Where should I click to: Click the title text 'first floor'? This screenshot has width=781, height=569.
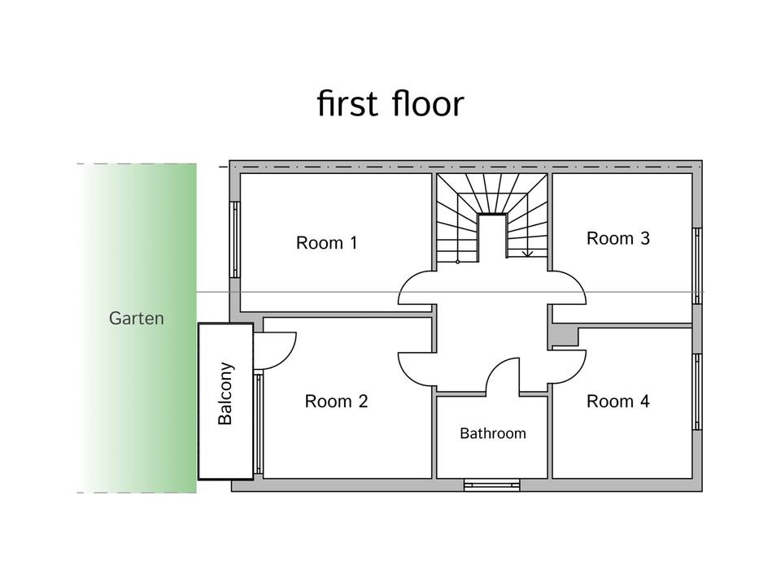(x=390, y=104)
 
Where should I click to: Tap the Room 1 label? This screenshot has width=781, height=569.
(x=326, y=242)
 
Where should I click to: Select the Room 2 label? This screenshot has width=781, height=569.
(x=336, y=401)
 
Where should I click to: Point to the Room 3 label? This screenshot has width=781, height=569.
(x=618, y=238)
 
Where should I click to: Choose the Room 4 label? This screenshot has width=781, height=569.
(x=618, y=401)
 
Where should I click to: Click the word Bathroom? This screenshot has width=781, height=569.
(x=493, y=433)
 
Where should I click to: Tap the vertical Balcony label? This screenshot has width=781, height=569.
(x=226, y=393)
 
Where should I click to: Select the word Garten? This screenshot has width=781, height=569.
(x=136, y=319)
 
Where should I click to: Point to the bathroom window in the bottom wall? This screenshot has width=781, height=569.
(x=491, y=485)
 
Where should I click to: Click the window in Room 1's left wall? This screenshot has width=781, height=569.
(x=235, y=240)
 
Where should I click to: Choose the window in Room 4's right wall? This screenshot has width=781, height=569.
(x=697, y=391)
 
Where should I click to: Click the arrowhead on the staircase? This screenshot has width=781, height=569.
(x=527, y=254)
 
